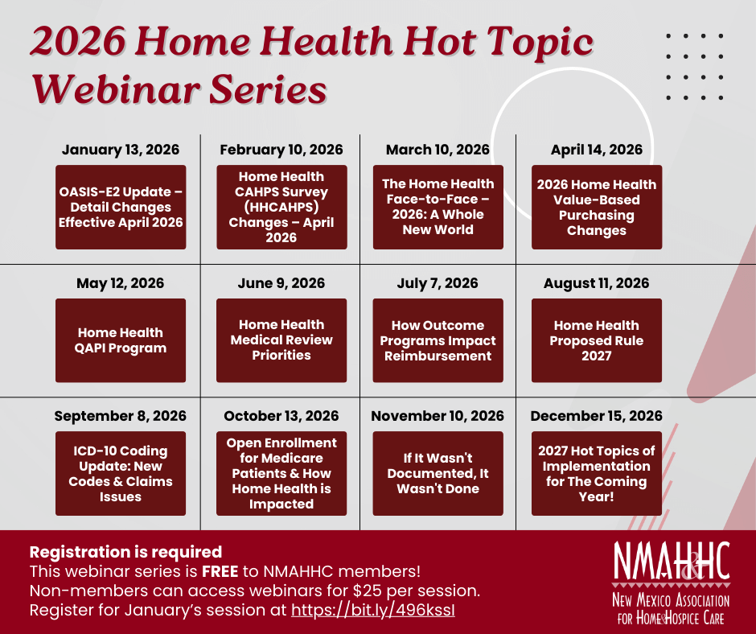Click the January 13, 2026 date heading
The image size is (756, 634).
click(x=121, y=150)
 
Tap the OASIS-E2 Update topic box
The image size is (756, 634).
click(x=121, y=207)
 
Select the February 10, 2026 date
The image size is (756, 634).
click(x=281, y=150)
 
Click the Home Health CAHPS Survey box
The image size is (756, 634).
click(x=281, y=207)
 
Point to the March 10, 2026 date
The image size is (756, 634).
click(x=438, y=150)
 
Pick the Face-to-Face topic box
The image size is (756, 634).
click(x=438, y=207)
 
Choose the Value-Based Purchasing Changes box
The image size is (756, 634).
click(x=597, y=207)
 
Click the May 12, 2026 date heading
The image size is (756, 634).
click(x=121, y=283)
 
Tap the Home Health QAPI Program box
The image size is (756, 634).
click(x=121, y=340)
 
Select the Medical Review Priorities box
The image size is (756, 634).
click(x=281, y=340)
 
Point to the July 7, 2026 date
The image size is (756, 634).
click(x=438, y=283)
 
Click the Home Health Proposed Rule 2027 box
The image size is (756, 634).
click(x=597, y=340)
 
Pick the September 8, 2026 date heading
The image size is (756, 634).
click(x=121, y=416)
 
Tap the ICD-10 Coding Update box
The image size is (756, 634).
click(x=121, y=473)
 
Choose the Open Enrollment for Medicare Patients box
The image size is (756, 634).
click(x=281, y=473)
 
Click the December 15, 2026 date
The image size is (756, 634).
click(x=597, y=416)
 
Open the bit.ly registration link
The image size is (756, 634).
click(x=373, y=610)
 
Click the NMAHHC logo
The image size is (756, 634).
click(x=671, y=583)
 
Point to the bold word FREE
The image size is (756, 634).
click(x=220, y=571)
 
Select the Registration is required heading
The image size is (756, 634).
click(x=125, y=552)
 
